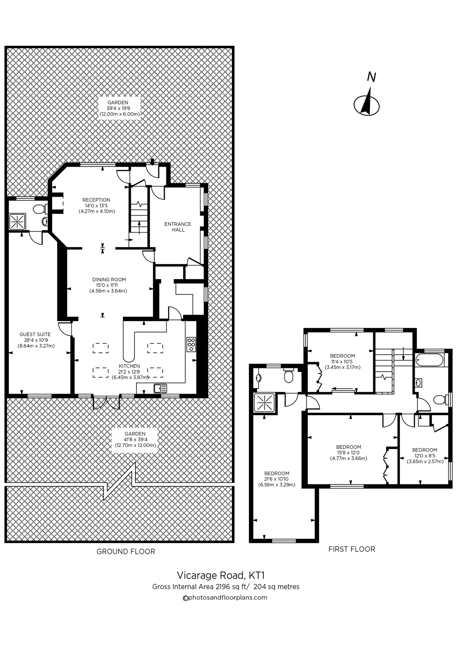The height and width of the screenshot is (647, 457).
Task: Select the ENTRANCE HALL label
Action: click(x=178, y=227)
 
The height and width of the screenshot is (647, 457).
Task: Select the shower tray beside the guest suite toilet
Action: click(x=17, y=222)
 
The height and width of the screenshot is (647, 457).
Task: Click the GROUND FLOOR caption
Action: click(x=126, y=551)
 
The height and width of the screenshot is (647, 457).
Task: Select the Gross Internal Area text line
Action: click(x=226, y=587)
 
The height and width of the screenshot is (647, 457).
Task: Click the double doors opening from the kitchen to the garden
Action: click(x=106, y=401)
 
